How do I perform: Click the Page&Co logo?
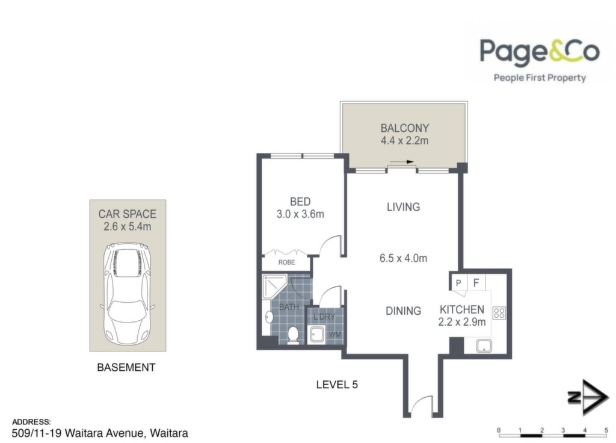540,60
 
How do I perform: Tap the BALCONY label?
405,128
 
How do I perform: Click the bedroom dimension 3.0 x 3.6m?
300,214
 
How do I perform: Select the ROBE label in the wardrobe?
286,262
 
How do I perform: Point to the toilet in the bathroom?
293,335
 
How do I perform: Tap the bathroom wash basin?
269,317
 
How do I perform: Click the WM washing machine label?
335,335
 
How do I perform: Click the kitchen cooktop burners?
499,313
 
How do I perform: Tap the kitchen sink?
484,346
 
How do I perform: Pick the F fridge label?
476,283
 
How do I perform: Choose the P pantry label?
458,283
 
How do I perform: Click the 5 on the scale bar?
606,430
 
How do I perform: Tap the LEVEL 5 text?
337,385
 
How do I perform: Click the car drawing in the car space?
127,294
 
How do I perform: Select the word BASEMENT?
126,368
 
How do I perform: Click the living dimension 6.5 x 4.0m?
403,258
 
